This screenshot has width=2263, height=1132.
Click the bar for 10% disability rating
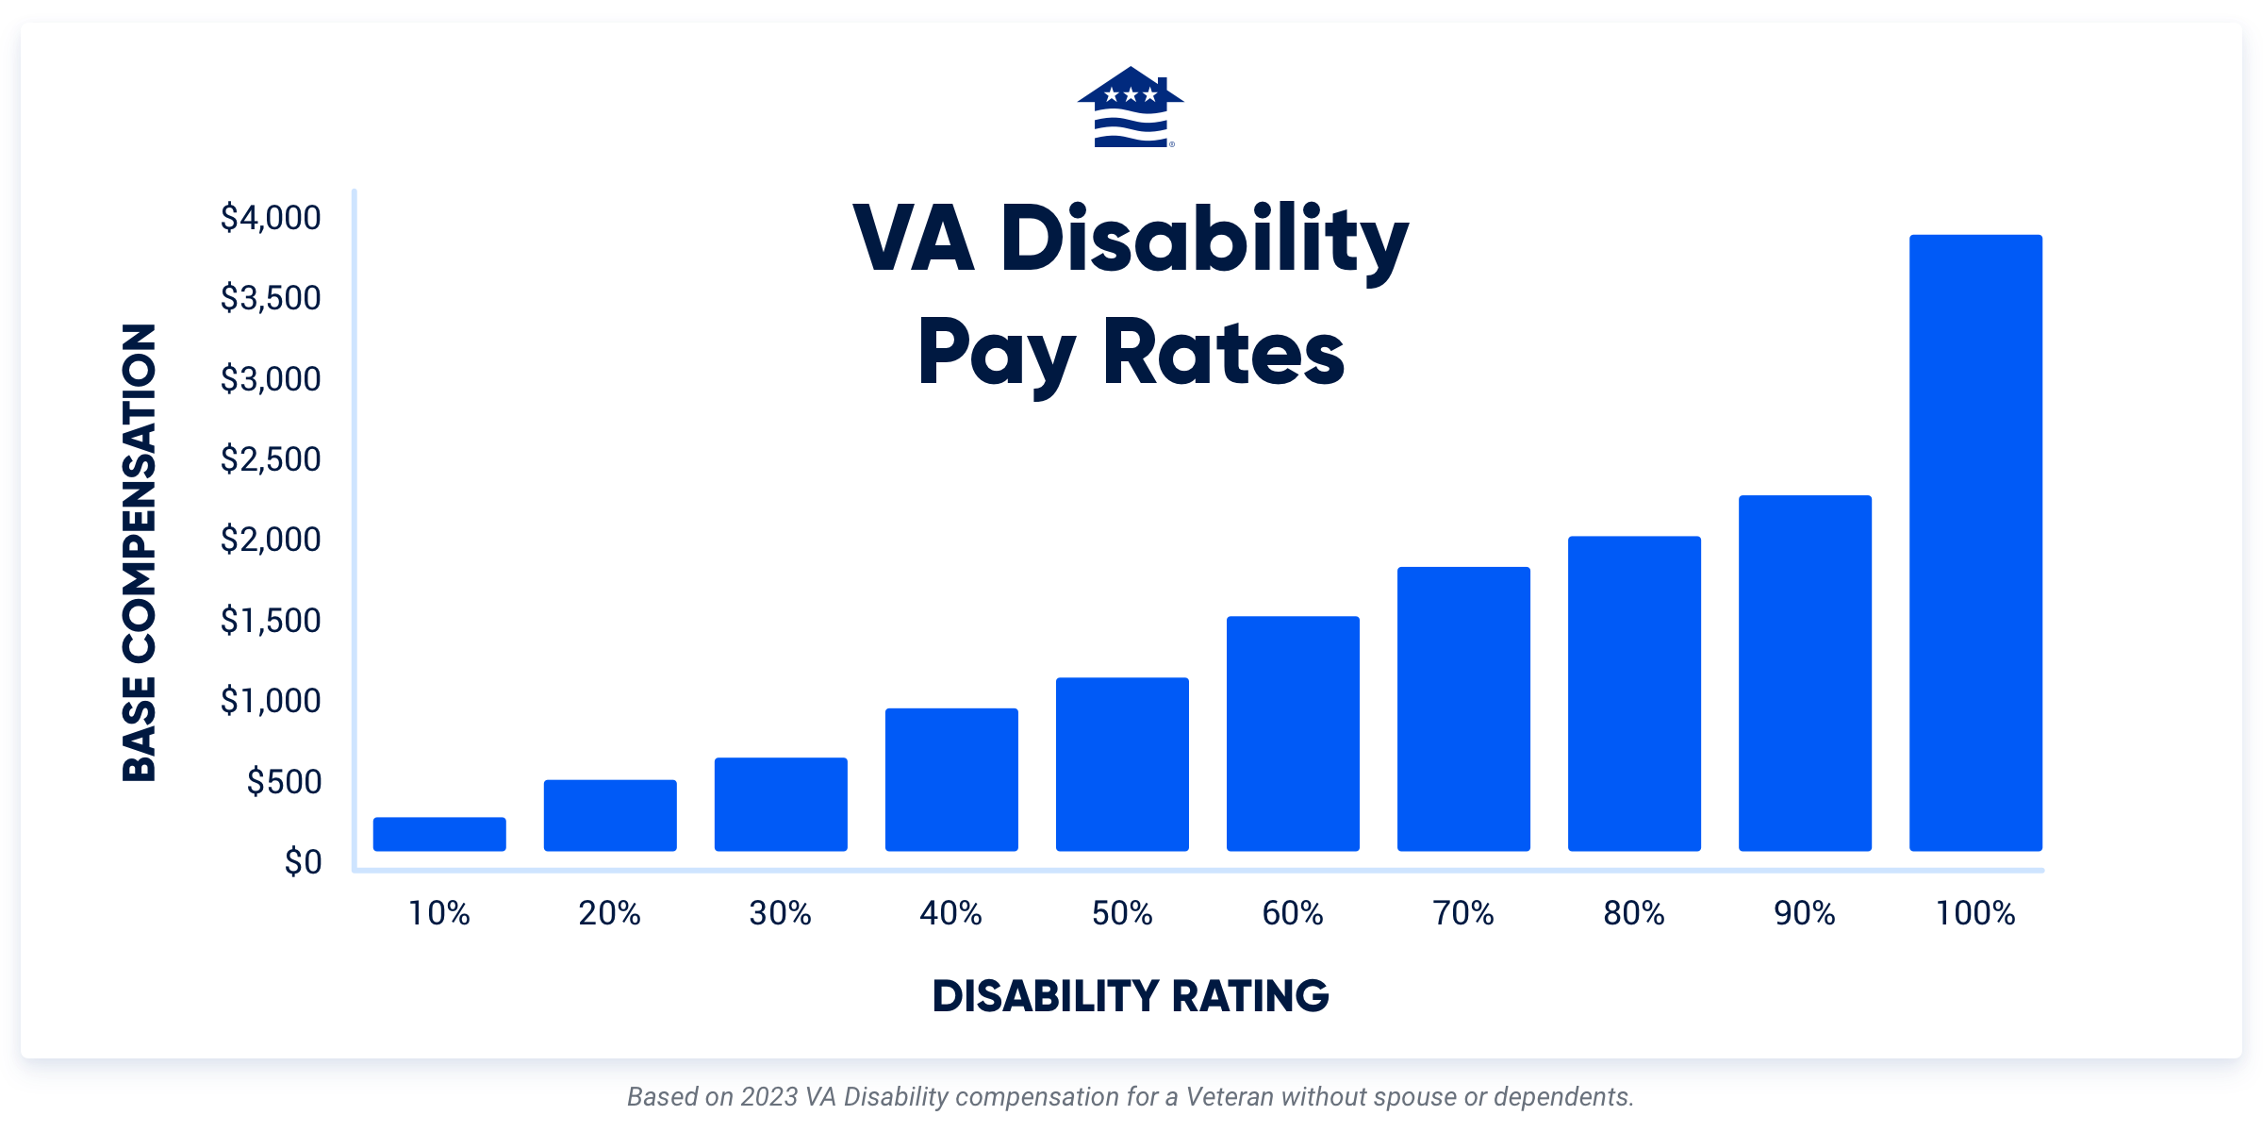(x=439, y=834)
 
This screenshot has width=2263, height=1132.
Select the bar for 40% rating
(x=951, y=779)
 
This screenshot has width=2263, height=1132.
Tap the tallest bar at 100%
(x=1975, y=542)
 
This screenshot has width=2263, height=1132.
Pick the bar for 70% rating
(x=1463, y=708)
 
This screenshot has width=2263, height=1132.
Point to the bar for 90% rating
(x=1805, y=673)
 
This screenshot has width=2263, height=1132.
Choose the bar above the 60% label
(x=1293, y=733)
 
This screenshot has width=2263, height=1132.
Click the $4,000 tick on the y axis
(x=271, y=218)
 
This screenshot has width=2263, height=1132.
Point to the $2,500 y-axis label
(x=271, y=459)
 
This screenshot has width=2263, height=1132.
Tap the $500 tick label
(x=284, y=782)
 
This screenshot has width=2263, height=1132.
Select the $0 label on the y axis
(x=303, y=862)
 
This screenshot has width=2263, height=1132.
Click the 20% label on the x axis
(x=609, y=913)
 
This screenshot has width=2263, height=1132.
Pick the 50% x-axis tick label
(x=1122, y=913)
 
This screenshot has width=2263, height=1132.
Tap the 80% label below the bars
(x=1634, y=913)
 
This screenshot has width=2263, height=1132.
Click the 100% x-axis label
(x=1975, y=913)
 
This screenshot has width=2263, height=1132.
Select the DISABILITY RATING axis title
(x=1131, y=996)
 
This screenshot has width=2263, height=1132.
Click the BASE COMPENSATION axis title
(x=140, y=553)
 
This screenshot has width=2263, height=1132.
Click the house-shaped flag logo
(x=1131, y=108)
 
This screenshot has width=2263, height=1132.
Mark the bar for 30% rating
(x=781, y=804)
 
